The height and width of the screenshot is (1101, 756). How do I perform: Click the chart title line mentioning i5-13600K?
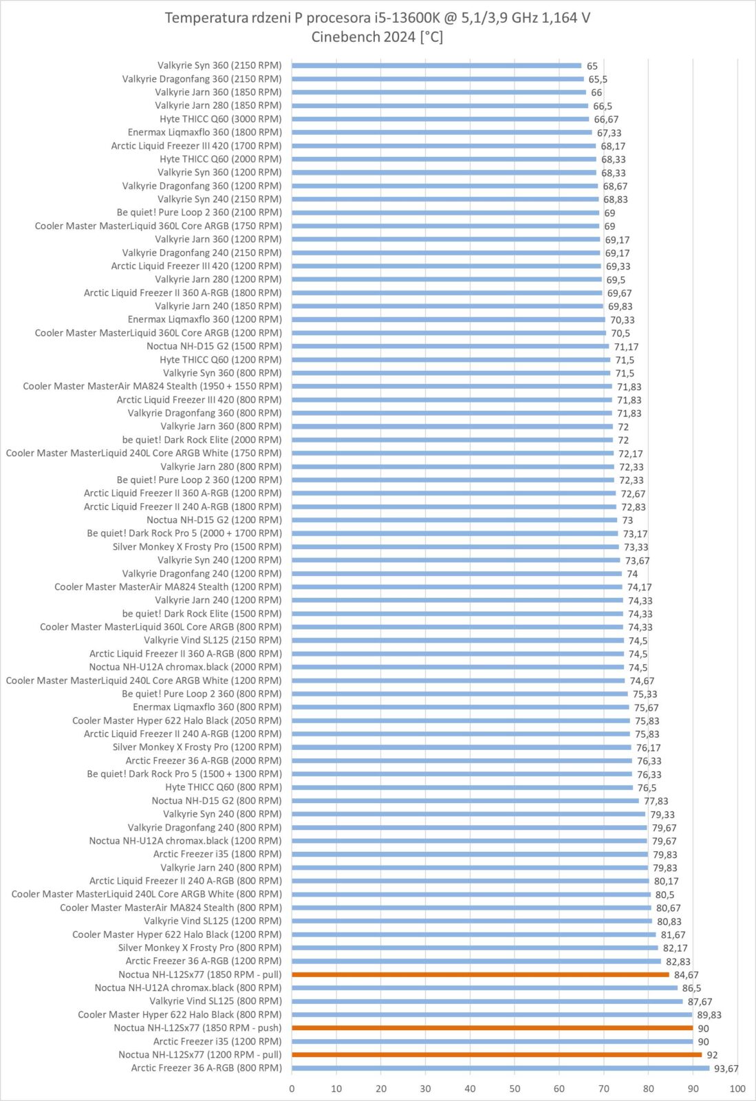point(377,18)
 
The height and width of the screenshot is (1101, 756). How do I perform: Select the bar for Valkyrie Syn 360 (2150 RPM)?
point(436,66)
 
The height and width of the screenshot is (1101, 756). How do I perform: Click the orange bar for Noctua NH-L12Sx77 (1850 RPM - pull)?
point(480,974)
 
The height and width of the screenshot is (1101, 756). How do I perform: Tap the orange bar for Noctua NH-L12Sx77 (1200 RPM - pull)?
point(497,1054)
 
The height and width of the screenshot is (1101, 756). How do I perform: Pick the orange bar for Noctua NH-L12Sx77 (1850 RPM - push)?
point(492,1028)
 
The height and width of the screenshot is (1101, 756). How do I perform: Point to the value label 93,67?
point(726,1069)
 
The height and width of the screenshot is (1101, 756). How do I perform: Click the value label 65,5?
point(597,80)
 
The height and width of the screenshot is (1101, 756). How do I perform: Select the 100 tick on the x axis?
point(737,1089)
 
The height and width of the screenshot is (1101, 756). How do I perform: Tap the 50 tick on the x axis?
point(515,1089)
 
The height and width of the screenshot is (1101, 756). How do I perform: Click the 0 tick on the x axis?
point(292,1089)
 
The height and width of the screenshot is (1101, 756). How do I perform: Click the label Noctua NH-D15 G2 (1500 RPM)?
point(214,346)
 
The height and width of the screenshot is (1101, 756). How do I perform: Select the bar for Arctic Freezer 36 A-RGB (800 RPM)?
point(500,1068)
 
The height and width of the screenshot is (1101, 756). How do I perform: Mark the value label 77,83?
point(656,801)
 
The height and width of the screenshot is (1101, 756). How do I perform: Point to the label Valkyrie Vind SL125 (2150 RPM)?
point(213,640)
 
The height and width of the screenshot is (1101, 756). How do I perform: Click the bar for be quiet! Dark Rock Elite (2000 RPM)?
point(452,440)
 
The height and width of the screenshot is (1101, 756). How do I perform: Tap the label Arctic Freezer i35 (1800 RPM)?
point(217,854)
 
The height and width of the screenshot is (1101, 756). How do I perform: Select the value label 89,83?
point(709,1015)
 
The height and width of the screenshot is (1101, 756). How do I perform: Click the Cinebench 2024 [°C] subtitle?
point(377,37)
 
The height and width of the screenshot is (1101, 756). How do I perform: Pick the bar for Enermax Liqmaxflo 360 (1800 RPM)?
point(442,132)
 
